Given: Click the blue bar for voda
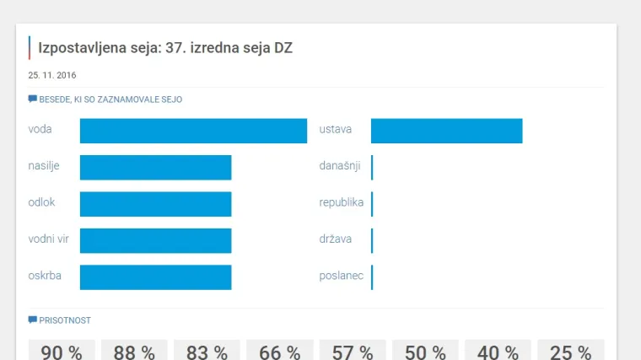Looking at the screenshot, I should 193,131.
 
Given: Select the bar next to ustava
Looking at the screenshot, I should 446,131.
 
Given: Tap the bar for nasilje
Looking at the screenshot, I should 155,167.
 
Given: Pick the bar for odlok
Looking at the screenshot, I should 155,204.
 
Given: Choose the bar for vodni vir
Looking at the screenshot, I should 155,240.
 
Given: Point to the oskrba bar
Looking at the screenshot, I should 155,277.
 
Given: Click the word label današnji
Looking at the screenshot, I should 340,166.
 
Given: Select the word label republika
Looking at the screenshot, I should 341,203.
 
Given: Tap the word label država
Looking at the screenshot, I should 336,239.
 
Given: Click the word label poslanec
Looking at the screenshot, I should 341,277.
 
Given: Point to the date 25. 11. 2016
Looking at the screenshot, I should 52,75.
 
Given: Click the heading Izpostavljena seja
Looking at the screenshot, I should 165,48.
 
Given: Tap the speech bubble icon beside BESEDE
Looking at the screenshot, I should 33,99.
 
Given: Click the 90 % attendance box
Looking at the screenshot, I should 62,351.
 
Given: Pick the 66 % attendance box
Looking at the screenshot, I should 279,351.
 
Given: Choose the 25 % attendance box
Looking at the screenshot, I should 569,351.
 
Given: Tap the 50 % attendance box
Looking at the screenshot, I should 425,351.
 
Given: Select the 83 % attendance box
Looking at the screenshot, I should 207,351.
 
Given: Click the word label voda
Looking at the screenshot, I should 40,130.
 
